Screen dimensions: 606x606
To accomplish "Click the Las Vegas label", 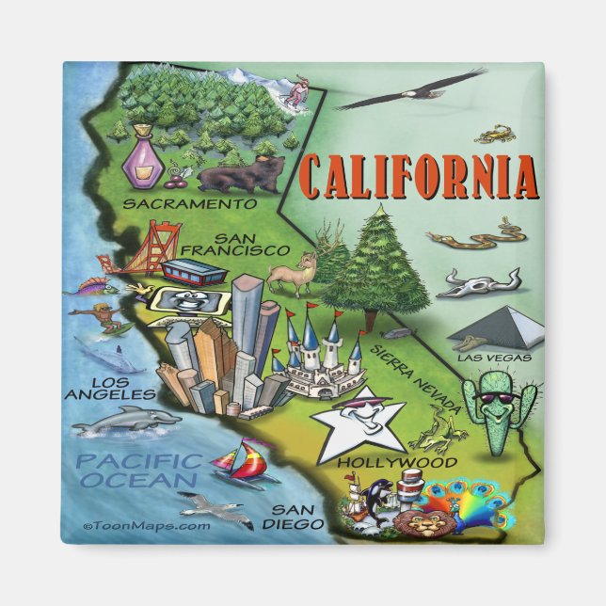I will coord(495,358).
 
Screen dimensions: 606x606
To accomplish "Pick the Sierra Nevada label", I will coord(417,375).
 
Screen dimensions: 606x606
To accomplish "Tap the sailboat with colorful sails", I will coord(244,464).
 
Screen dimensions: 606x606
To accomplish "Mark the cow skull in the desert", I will coord(477,280).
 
